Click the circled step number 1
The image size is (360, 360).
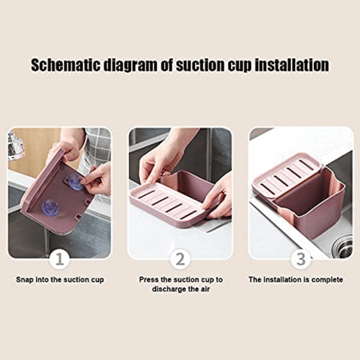59,258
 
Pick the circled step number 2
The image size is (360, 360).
180,258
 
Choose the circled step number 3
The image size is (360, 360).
300,258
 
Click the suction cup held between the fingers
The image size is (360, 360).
74,181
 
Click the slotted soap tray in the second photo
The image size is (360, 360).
165,203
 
